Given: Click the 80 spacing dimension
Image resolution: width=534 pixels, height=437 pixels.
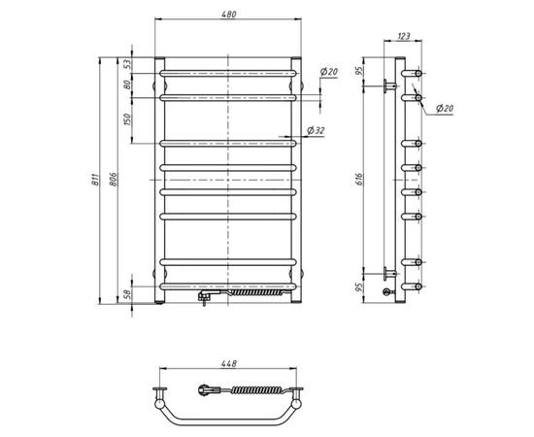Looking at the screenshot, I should [x=126, y=84].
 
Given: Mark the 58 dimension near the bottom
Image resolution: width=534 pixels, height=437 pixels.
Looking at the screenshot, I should [x=126, y=292].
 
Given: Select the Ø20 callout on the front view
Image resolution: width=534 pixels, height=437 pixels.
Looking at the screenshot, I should [x=328, y=73].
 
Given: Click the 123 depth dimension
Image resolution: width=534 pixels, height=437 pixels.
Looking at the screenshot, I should [x=402, y=38].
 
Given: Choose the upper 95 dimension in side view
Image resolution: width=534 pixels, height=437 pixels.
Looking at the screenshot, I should [x=359, y=71].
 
